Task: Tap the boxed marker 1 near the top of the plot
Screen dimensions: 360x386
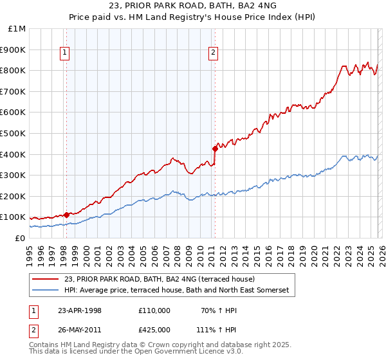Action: pos(66,53)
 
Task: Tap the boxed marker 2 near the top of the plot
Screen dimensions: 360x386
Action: pos(214,53)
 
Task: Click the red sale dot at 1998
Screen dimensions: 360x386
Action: pos(66,215)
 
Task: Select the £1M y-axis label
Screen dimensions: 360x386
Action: pos(17,29)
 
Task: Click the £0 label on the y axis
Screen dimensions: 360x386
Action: pos(21,238)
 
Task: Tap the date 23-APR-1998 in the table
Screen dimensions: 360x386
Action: pos(80,310)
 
